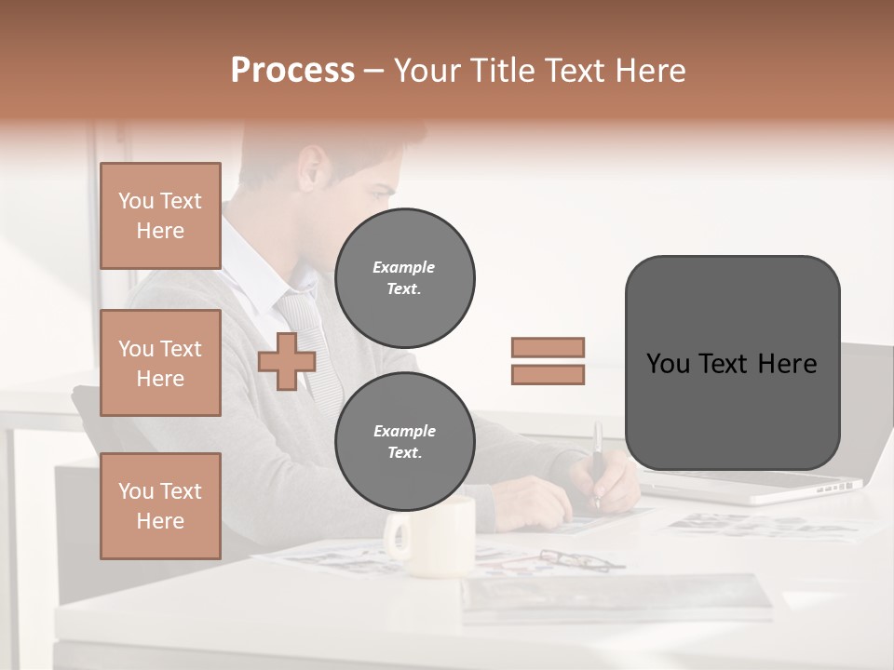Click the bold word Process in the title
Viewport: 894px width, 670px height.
tap(292, 71)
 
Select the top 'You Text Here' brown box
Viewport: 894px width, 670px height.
tap(160, 216)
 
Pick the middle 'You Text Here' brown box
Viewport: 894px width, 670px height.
tap(160, 363)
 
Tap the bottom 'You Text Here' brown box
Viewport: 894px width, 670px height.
tap(160, 506)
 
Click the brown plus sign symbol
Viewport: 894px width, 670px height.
tap(287, 361)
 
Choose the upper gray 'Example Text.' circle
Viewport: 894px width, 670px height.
tap(404, 278)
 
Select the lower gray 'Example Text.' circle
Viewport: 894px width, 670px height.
tap(404, 442)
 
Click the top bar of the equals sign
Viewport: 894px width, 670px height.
tap(548, 347)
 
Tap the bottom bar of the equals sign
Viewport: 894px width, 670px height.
tap(548, 375)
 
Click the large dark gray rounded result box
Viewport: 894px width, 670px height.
tap(732, 363)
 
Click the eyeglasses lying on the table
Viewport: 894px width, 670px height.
tap(581, 560)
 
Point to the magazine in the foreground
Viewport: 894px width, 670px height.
tap(615, 597)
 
